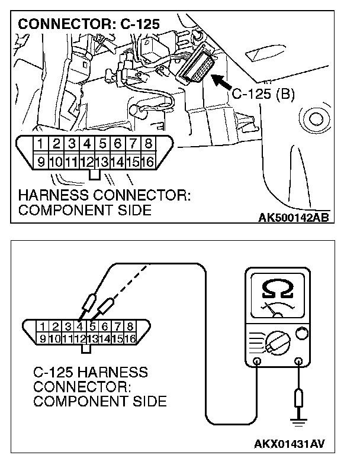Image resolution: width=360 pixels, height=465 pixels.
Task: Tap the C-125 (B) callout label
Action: pyautogui.click(x=262, y=93)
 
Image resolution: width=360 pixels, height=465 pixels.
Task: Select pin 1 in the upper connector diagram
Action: pyautogui.click(x=40, y=144)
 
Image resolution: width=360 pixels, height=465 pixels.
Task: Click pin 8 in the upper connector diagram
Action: pyautogui.click(x=148, y=144)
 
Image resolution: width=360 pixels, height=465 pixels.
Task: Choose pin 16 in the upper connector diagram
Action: pyautogui.click(x=148, y=161)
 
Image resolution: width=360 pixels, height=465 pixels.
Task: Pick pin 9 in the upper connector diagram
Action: pyautogui.click(x=40, y=161)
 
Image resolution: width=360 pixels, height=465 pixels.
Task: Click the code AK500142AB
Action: pyautogui.click(x=294, y=217)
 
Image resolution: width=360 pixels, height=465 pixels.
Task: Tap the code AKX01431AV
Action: pyautogui.click(x=292, y=443)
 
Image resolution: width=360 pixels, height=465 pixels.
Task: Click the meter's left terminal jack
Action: pyautogui.click(x=257, y=361)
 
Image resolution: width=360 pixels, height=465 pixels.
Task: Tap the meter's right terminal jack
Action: pyautogui.click(x=298, y=361)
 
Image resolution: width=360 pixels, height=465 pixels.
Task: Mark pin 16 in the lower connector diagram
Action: pyautogui.click(x=130, y=338)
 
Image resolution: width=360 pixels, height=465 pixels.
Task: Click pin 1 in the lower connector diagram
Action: pyautogui.click(x=42, y=326)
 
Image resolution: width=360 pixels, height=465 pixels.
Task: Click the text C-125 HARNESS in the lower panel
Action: pyautogui.click(x=90, y=373)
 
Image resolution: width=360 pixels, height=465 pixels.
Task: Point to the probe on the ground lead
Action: pyautogui.click(x=298, y=398)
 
